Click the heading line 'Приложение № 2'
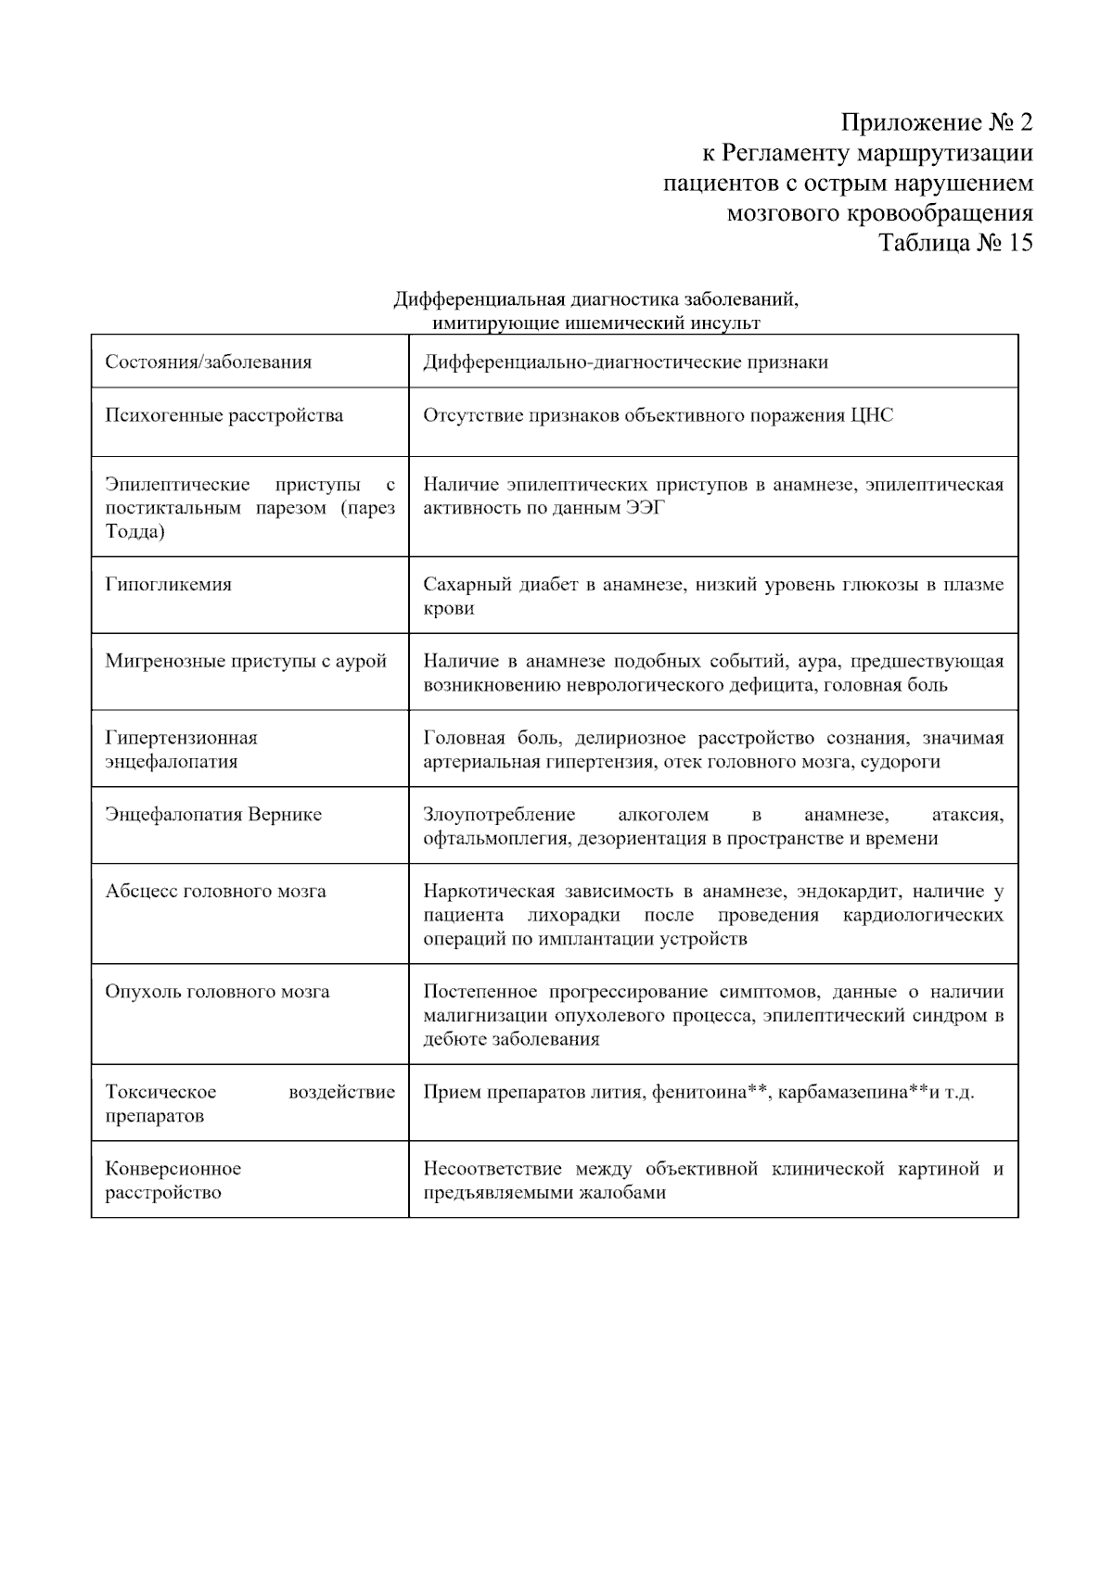tap(936, 122)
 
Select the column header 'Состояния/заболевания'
tap(208, 362)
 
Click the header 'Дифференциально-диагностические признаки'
tap(625, 362)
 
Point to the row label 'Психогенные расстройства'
tap(224, 415)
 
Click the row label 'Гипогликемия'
tap(168, 585)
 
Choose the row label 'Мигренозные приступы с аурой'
tap(246, 662)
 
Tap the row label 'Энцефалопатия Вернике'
tap(213, 815)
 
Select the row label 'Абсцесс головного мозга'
tap(215, 892)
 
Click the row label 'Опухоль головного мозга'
tap(217, 992)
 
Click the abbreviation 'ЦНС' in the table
tap(872, 415)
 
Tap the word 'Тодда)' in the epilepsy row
tap(135, 532)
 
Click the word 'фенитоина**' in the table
tap(710, 1092)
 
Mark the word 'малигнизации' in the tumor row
tap(481, 1016)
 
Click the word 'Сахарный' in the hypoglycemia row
tap(462, 585)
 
